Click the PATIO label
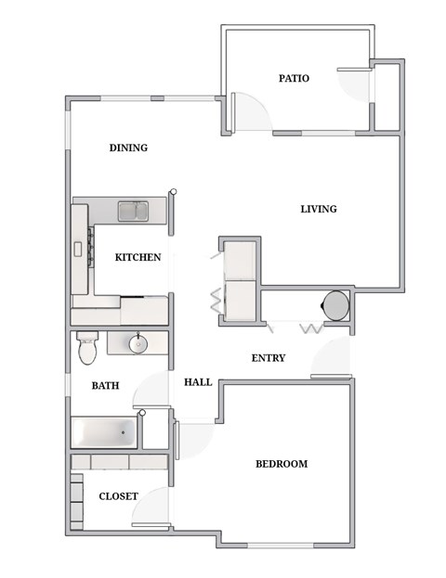294,79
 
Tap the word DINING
128,148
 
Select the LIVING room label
318,209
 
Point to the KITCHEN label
138,258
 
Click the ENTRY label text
269,358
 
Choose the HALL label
198,381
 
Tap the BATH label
104,385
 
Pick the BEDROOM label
281,464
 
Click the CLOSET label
118,496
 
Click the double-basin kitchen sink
133,212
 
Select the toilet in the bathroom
86,347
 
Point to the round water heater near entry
334,304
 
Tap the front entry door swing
330,357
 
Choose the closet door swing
151,506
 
